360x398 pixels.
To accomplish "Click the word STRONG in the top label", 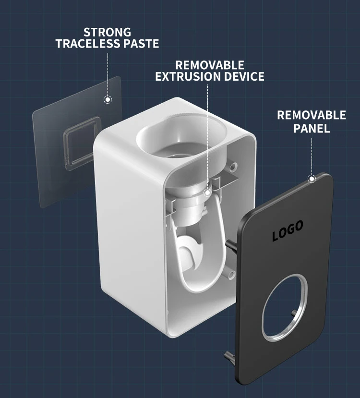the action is click(x=107, y=33).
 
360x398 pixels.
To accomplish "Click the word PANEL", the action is click(x=311, y=128).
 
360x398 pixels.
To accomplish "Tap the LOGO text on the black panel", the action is click(x=288, y=231).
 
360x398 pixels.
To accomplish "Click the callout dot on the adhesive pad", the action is click(x=108, y=100).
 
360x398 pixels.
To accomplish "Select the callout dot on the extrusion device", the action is click(x=207, y=193).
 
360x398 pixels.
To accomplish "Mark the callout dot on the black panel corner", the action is click(x=312, y=179).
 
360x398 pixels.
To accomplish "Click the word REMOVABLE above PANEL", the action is click(x=311, y=115).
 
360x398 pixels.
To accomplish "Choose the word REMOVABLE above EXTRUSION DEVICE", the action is click(x=209, y=65).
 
